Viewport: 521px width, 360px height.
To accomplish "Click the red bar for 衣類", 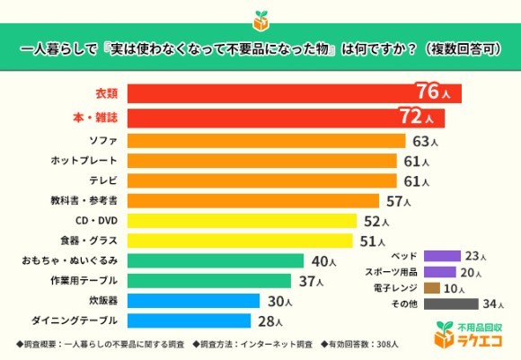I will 269,93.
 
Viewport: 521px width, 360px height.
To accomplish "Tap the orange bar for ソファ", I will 266,141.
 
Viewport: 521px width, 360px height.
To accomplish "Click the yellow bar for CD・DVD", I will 243,221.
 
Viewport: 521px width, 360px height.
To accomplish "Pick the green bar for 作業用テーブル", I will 216,281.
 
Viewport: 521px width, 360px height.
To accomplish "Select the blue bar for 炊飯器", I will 194,301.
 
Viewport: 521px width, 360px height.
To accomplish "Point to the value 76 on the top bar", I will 428,92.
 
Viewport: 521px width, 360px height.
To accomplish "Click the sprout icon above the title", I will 260,19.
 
